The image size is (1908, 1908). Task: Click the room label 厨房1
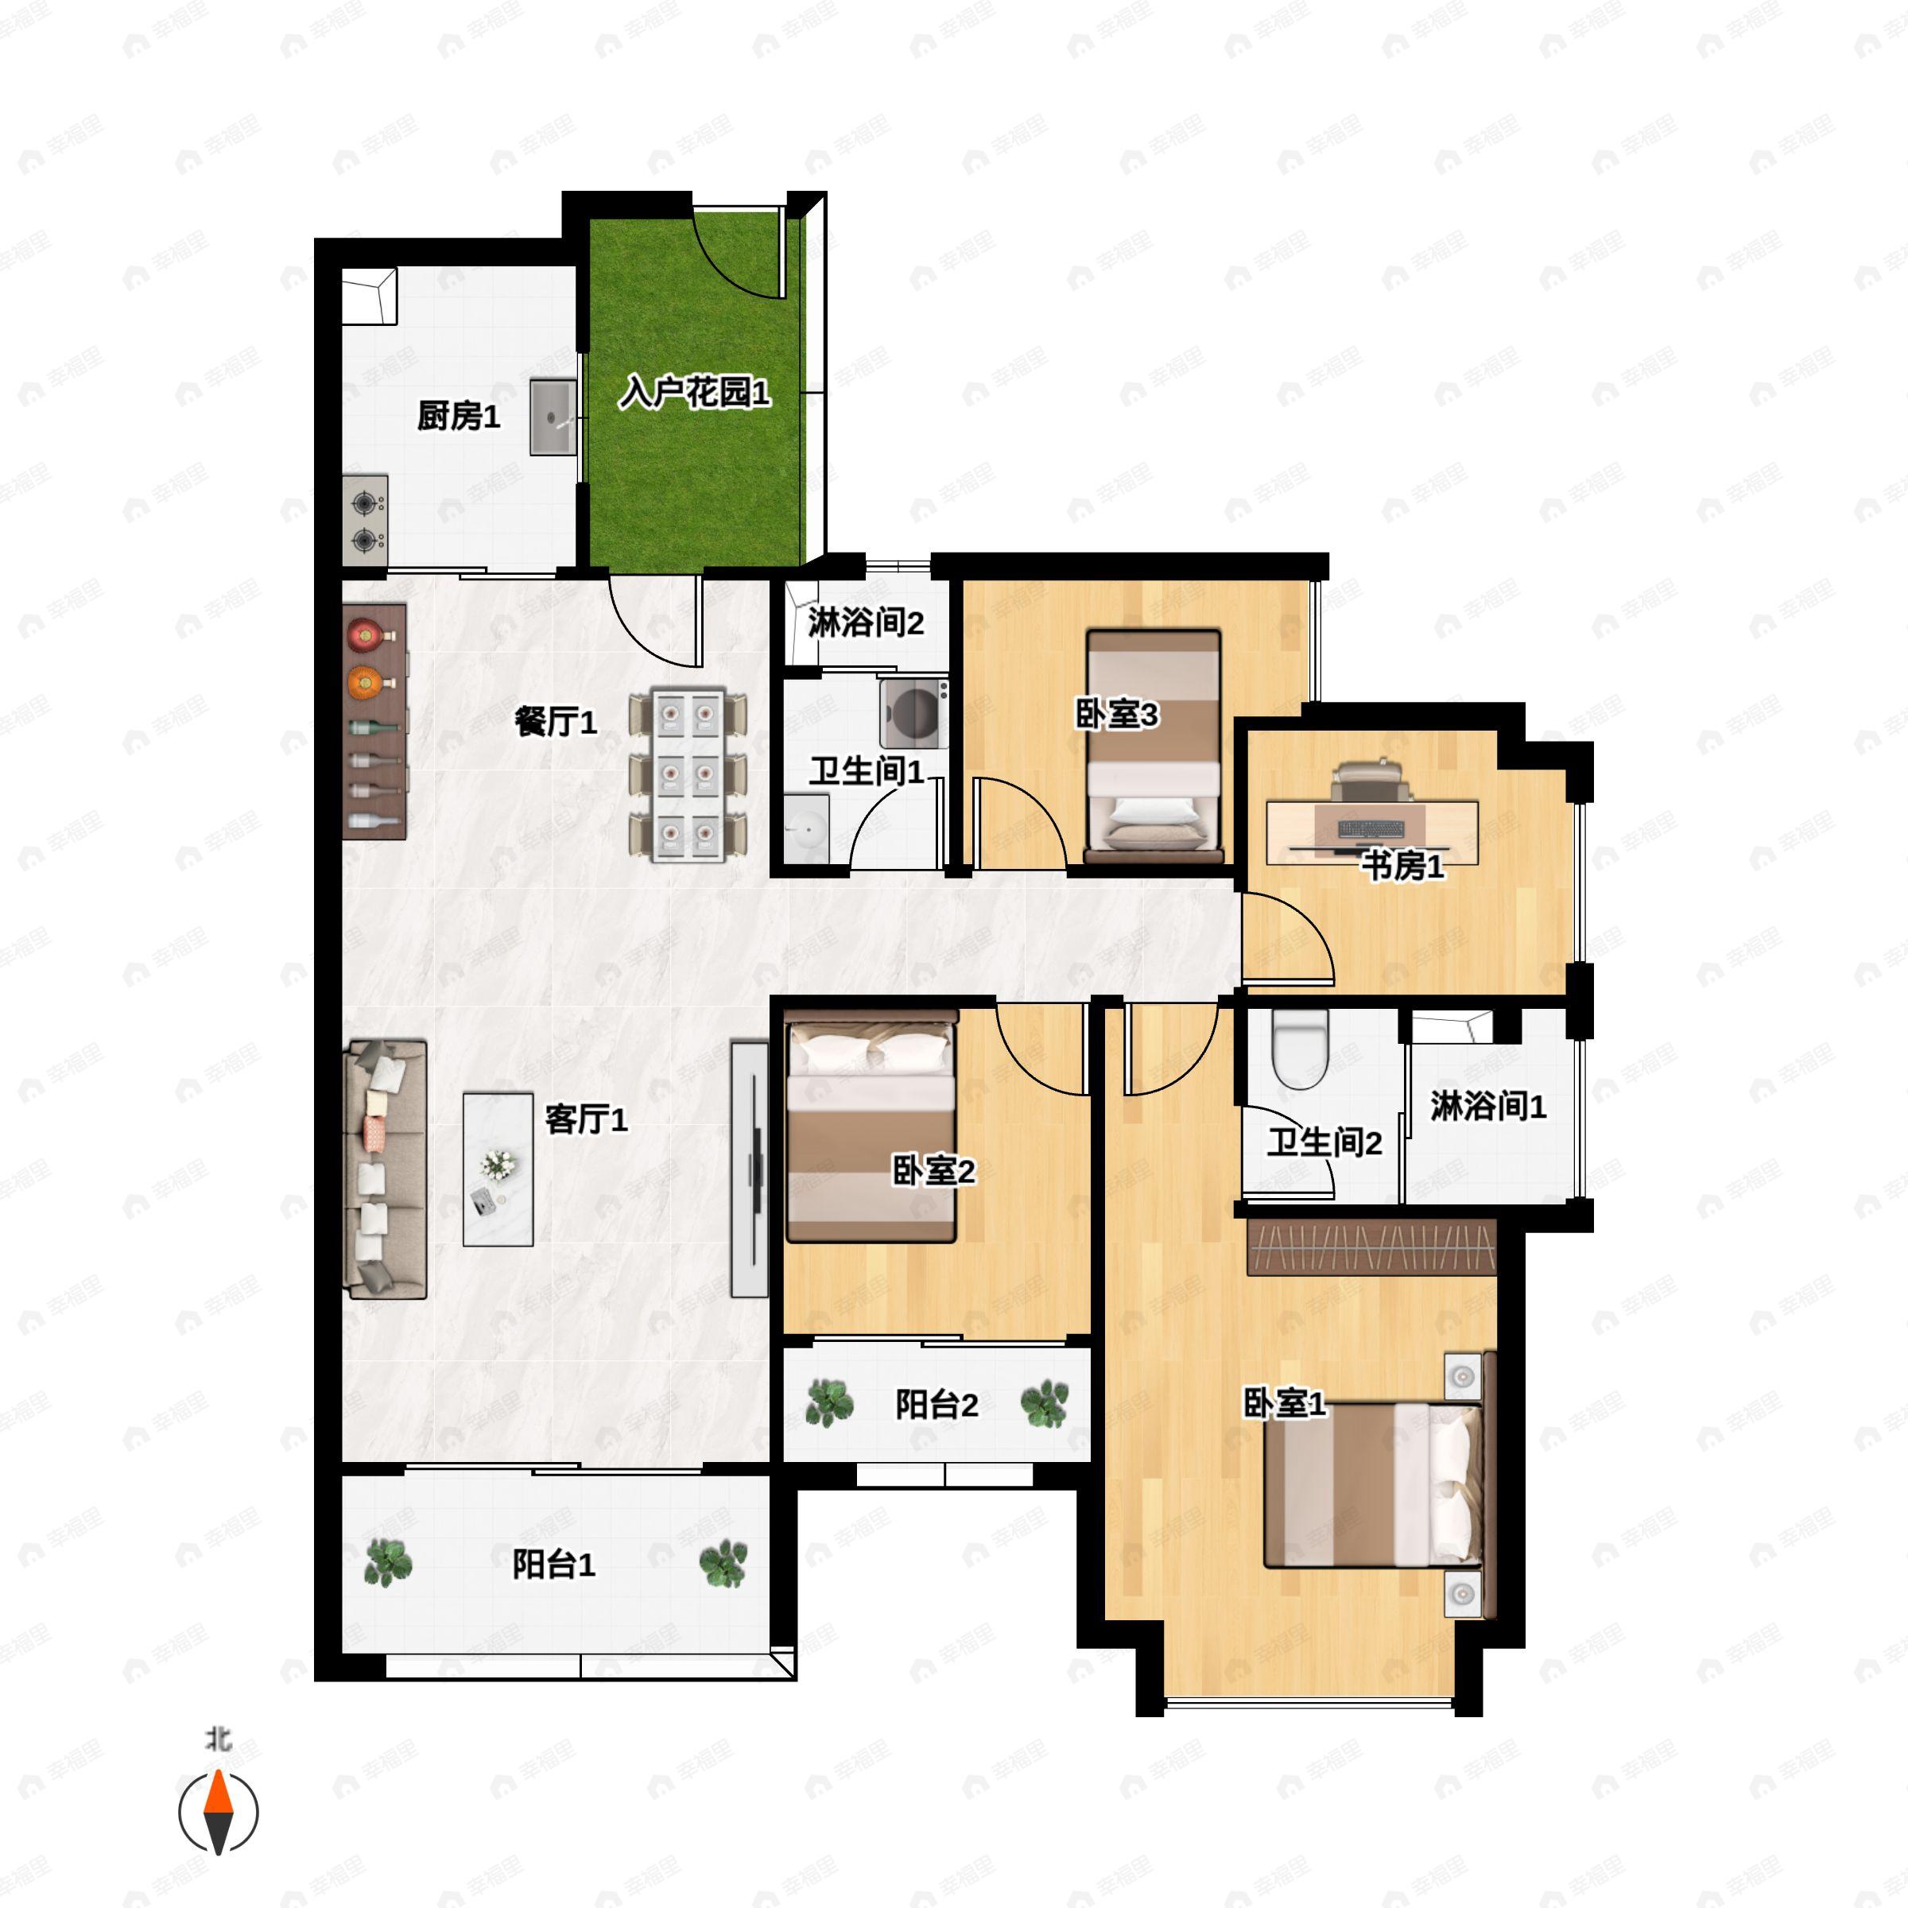pyautogui.click(x=458, y=416)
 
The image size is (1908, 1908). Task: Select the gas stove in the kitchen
pyautogui.click(x=366, y=521)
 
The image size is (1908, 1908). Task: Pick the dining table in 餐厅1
pyautogui.click(x=688, y=774)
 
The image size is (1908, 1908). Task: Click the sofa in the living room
pyautogui.click(x=385, y=1169)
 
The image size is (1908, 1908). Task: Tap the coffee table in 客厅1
pyautogui.click(x=498, y=1169)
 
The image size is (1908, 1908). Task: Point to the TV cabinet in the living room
pyautogui.click(x=750, y=1169)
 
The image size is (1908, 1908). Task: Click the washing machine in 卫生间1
pyautogui.click(x=914, y=711)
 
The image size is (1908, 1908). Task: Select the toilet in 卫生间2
pyautogui.click(x=1299, y=1049)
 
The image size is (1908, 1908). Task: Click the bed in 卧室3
pyautogui.click(x=1154, y=746)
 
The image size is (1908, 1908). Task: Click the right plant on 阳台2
pyautogui.click(x=1045, y=1403)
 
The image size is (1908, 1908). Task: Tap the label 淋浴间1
pyautogui.click(x=1488, y=1106)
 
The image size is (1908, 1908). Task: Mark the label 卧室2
pyautogui.click(x=933, y=1170)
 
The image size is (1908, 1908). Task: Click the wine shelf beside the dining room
pyautogui.click(x=374, y=722)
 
